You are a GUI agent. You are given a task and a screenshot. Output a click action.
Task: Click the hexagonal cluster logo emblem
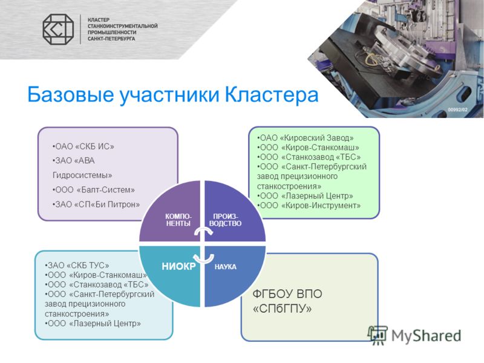pyautogui.click(x=58, y=29)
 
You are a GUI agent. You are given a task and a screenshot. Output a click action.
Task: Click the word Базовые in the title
pyautogui.click(x=71, y=94)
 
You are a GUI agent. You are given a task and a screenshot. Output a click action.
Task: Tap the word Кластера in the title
pyautogui.click(x=271, y=94)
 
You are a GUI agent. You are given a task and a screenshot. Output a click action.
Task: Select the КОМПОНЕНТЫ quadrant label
pyautogui.click(x=178, y=220)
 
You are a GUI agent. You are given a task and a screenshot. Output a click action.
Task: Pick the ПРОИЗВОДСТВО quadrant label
pyautogui.click(x=225, y=220)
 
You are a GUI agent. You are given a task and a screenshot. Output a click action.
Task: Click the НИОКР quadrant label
pyautogui.click(x=178, y=266)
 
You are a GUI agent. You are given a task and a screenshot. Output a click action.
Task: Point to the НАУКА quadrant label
pyautogui.click(x=225, y=267)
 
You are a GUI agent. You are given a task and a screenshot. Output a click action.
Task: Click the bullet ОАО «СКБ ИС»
pyautogui.click(x=83, y=146)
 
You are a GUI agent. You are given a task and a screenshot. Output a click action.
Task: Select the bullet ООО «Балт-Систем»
pyautogui.click(x=94, y=190)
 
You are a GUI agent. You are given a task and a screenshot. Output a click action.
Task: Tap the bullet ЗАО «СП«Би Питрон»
pyautogui.click(x=96, y=204)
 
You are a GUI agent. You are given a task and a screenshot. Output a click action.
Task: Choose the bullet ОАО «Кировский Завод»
pyautogui.click(x=306, y=138)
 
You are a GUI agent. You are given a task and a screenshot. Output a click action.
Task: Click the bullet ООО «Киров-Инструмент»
pyautogui.click(x=309, y=205)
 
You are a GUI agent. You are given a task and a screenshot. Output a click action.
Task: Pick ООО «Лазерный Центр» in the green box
pyautogui.click(x=305, y=195)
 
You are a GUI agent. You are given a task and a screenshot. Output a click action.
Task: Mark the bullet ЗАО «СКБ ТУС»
pyautogui.click(x=77, y=265)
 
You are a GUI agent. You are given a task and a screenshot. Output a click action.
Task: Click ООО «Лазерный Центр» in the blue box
pyautogui.click(x=93, y=323)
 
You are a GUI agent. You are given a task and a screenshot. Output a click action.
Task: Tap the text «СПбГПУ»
pyautogui.click(x=282, y=309)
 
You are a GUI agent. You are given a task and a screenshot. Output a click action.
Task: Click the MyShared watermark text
pyautogui.click(x=427, y=336)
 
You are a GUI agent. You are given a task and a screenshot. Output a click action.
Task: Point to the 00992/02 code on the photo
pyautogui.click(x=457, y=110)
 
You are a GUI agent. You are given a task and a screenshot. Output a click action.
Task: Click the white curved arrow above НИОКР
pyautogui.click(x=203, y=258)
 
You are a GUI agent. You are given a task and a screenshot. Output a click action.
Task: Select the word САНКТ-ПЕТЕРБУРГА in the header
pyautogui.click(x=111, y=39)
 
